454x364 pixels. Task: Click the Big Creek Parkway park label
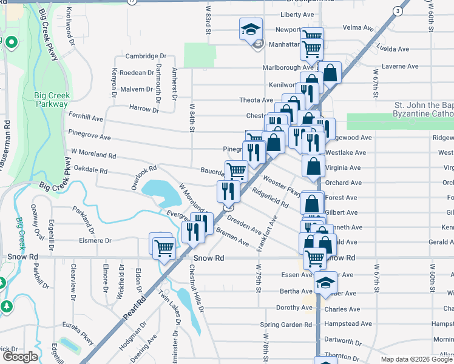click(x=52, y=99)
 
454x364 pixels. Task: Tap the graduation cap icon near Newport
click(x=249, y=29)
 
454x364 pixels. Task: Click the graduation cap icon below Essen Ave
click(x=325, y=283)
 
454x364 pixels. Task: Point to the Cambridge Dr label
click(x=146, y=56)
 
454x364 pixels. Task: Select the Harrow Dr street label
click(x=144, y=109)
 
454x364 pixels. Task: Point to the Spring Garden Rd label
click(x=285, y=325)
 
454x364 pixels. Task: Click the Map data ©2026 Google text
click(x=416, y=359)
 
